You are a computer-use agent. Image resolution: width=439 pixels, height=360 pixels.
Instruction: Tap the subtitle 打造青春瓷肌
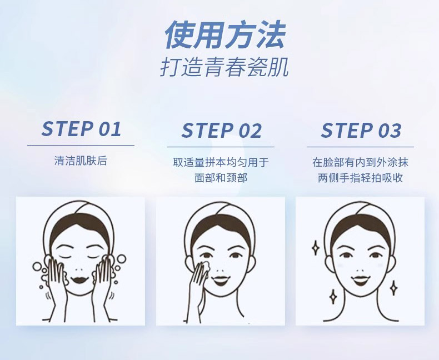coord(225,67)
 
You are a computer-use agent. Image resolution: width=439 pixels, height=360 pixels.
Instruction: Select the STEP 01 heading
coord(81,129)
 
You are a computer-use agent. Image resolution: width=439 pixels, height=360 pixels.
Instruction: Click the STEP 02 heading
coord(221,131)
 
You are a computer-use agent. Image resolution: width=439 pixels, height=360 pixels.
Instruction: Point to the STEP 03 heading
coord(361,131)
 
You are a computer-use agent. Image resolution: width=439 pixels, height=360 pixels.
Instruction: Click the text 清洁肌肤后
coord(81,162)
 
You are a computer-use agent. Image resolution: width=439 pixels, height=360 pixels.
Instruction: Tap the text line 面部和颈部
coord(221,178)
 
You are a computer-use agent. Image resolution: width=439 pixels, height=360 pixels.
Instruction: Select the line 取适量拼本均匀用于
coord(221,163)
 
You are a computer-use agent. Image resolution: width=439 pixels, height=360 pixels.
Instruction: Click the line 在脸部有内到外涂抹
coord(360,163)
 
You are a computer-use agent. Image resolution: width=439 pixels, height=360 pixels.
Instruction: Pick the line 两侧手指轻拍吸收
coord(360,178)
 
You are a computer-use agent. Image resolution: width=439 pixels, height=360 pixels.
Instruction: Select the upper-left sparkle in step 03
coord(315,248)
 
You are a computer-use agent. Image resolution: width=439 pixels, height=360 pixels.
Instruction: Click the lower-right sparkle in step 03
coord(393,287)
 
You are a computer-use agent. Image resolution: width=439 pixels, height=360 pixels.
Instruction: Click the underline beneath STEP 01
coord(81,146)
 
